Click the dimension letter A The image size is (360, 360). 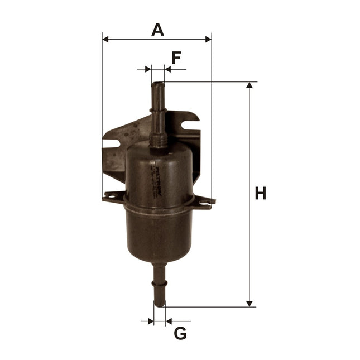tap(158, 29)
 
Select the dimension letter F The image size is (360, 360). tap(176, 57)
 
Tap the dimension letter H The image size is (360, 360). tap(260, 194)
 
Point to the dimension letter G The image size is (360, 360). tap(180, 334)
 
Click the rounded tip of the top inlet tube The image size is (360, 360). tap(159, 85)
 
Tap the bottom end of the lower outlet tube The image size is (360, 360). tap(160, 304)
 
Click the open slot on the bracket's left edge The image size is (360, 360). tap(110, 143)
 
